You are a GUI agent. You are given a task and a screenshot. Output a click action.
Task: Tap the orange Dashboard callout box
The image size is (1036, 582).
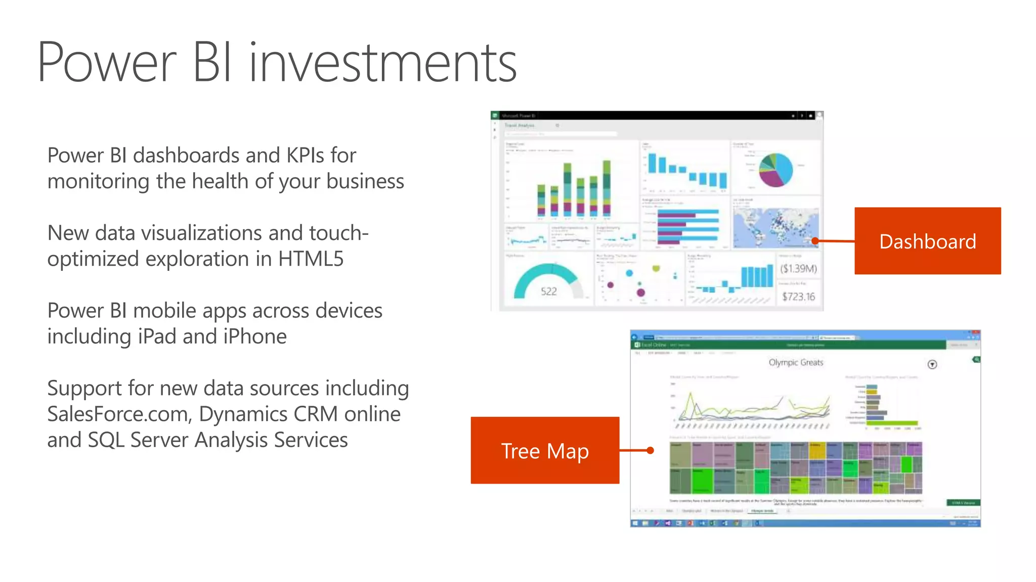pos(927,241)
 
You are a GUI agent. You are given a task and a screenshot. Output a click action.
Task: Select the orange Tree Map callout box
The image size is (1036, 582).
pos(545,450)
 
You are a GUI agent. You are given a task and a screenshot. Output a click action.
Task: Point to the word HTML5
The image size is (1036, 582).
pos(311,259)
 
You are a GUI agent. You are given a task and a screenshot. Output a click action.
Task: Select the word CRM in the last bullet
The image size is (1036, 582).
pos(316,414)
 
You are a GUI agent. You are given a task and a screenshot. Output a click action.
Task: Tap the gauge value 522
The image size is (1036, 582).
pos(548,292)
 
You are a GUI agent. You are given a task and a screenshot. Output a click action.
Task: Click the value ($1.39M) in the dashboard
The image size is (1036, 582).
pos(798,269)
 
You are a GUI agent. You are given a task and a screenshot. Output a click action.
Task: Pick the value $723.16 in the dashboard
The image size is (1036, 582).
pos(798,297)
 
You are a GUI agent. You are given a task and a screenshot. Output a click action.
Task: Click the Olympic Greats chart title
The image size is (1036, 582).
pos(796,362)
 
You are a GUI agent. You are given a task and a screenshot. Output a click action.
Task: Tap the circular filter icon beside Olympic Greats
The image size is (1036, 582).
pos(932,364)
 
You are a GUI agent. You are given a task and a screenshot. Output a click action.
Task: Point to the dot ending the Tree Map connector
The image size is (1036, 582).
pos(651,450)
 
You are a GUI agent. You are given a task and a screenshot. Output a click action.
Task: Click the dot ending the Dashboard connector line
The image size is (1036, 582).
pos(815,241)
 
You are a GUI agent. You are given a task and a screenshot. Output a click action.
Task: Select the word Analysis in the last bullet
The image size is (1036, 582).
pos(233,440)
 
